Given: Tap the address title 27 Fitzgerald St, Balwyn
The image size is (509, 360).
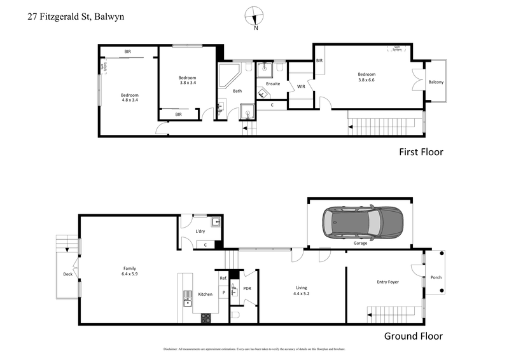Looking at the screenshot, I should tap(76, 18).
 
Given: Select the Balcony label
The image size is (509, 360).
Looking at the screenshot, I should tap(436, 82).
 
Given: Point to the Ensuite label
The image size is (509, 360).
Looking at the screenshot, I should tap(272, 83).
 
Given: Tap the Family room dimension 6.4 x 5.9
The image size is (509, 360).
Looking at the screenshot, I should tap(130, 274).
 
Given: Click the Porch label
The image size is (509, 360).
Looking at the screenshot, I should tap(436, 277).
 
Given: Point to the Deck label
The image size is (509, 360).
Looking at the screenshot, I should tap(67, 274).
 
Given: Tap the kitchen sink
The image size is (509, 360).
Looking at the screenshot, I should tap(188, 297).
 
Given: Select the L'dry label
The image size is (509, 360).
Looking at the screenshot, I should tap(200, 231).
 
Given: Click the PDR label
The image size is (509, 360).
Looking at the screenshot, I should tap(247, 289).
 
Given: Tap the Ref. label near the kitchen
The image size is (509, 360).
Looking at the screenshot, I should tap(223, 279).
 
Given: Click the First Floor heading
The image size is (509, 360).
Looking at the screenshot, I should tap(421, 152).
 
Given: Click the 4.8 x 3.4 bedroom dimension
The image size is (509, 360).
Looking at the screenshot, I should tap(130, 99).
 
